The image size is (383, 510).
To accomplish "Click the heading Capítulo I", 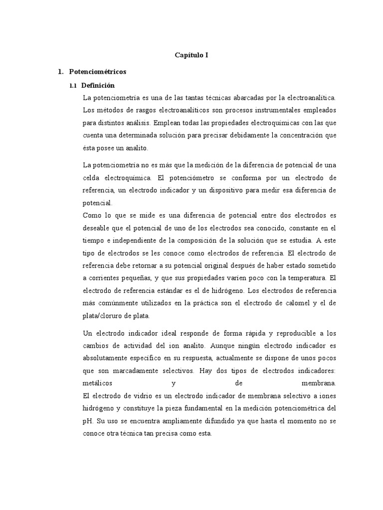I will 191,55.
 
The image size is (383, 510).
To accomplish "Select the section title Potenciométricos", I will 97,72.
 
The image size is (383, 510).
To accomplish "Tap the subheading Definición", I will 98,86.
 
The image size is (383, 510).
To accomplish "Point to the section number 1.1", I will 72,86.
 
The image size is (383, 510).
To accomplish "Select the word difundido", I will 222,421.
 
